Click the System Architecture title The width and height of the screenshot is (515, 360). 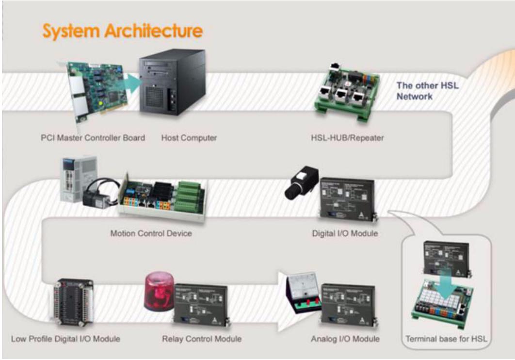(x=123, y=31)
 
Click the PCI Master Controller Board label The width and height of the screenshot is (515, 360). (x=93, y=138)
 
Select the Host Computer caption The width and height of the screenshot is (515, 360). (x=189, y=138)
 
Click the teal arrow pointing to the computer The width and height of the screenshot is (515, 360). (x=133, y=83)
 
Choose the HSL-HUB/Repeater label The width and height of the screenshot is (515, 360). (x=348, y=138)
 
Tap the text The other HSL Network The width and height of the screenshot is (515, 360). (x=427, y=91)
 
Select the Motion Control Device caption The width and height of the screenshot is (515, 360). (x=151, y=233)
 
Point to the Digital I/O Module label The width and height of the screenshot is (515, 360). (x=345, y=233)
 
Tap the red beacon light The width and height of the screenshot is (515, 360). (x=160, y=292)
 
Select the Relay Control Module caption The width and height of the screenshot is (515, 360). (x=202, y=339)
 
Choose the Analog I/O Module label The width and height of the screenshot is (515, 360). (x=345, y=339)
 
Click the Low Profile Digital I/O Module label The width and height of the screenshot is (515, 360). (x=65, y=339)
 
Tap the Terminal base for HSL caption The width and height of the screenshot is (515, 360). (x=446, y=339)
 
